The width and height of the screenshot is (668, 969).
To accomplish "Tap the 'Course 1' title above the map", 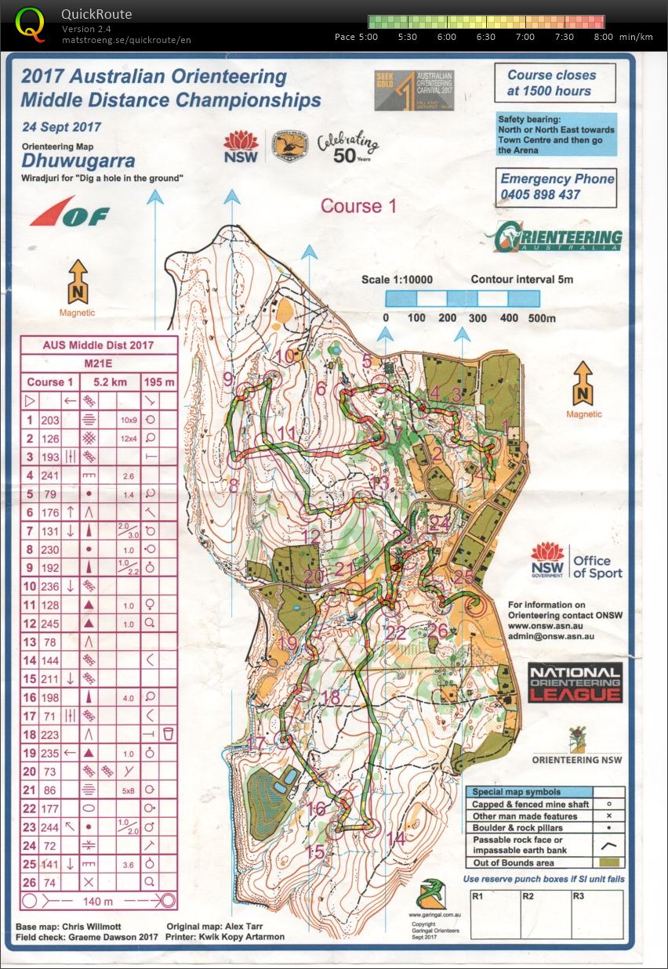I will [358, 206].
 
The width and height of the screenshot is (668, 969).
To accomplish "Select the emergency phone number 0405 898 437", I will [540, 194].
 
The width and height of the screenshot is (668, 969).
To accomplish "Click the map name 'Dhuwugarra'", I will [78, 161].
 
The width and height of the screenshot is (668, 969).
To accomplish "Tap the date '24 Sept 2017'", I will [61, 127].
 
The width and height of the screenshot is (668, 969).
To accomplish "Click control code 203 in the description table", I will [50, 420].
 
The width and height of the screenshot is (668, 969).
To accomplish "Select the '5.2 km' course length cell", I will [107, 381].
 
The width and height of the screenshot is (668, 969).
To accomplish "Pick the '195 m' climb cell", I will [158, 381].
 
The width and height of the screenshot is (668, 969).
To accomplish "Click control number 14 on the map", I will [395, 838].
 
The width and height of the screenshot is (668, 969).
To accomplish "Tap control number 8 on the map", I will [232, 486].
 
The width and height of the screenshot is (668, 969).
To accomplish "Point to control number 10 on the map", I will [285, 356].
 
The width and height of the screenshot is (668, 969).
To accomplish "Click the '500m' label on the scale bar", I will [541, 318].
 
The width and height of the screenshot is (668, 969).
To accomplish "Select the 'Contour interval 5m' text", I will [521, 279].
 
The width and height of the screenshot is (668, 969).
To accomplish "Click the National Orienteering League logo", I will [575, 682].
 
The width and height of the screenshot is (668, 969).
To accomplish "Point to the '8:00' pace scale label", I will [604, 37].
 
